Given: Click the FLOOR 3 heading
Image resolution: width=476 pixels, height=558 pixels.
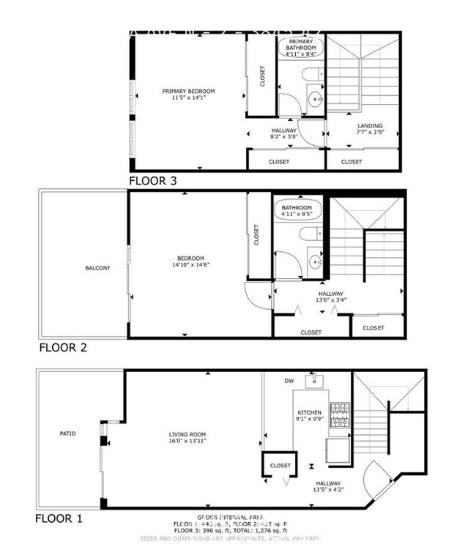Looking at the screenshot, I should (x=152, y=180).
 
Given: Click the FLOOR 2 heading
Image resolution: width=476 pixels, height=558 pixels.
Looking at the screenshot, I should (x=63, y=348).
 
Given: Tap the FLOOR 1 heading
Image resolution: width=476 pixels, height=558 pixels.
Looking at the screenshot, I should (x=59, y=518).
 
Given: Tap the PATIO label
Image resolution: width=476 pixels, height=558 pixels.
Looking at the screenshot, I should (x=67, y=434).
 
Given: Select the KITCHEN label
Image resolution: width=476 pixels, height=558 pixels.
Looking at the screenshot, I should (x=308, y=413).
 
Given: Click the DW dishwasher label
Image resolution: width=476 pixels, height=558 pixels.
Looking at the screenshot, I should (x=289, y=381).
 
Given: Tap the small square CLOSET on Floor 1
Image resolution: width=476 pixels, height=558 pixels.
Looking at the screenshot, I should (x=280, y=466).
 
